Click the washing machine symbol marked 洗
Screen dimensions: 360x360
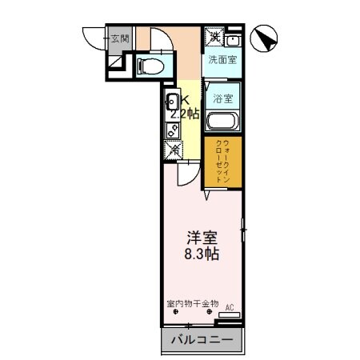coord(214,37)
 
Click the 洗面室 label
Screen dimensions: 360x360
coord(222,60)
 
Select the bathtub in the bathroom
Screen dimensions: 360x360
coord(222,122)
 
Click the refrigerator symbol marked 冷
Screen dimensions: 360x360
coord(173,149)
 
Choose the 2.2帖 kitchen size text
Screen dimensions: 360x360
coord(190,113)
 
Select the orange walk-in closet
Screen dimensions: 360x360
coord(216,162)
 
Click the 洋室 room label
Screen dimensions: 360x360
coord(201,238)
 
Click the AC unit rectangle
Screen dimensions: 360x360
coord(229,315)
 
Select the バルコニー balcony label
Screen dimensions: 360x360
coord(202,341)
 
